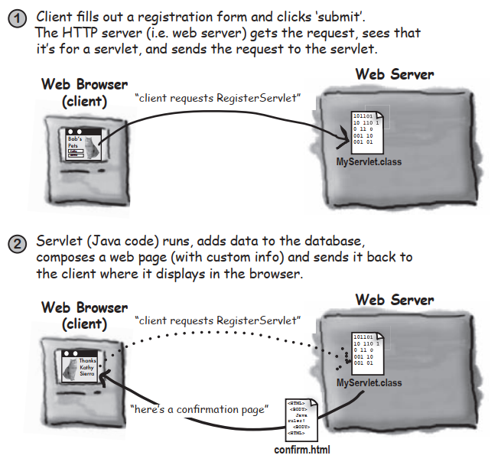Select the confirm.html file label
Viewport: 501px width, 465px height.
click(x=302, y=449)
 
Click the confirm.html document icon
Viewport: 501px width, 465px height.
click(x=300, y=417)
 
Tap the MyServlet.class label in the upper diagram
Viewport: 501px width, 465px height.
click(x=369, y=162)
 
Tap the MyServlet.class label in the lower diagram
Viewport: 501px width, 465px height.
click(x=369, y=382)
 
